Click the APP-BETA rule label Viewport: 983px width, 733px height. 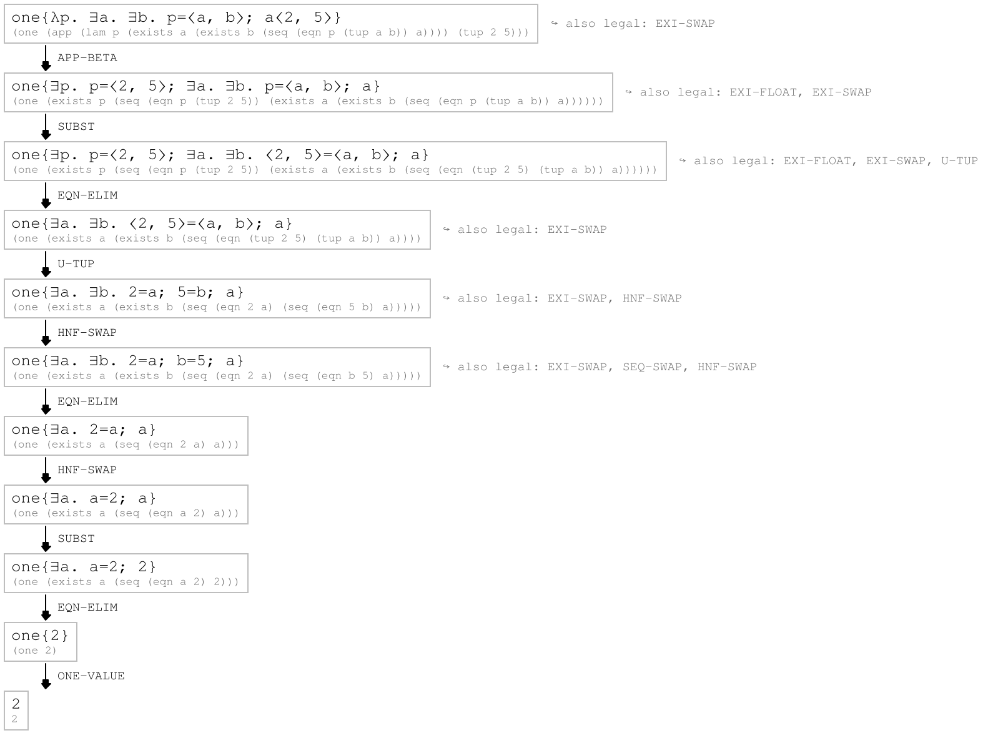(87, 57)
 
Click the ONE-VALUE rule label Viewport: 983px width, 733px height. (91, 676)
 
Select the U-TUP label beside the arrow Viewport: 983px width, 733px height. (76, 263)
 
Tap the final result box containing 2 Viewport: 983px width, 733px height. (16, 710)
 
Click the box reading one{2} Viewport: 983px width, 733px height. (41, 642)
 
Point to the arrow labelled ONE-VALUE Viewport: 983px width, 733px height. (46, 676)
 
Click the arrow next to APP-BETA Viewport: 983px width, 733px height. (46, 58)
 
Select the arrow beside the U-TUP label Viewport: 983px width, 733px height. (46, 264)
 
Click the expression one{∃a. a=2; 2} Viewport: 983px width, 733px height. (84, 567)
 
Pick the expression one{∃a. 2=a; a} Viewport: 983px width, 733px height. (84, 430)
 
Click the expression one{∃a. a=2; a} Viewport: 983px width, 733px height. (84, 498)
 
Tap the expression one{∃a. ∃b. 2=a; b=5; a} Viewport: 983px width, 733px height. (127, 361)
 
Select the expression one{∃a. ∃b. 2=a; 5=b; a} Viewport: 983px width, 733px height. (127, 292)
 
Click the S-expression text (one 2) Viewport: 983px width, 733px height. (35, 650)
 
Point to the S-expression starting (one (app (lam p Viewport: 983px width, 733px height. (271, 32)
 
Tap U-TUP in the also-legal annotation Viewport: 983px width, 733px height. (959, 160)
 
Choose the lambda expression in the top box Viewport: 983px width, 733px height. (177, 17)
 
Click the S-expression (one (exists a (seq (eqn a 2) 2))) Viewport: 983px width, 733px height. (126, 582)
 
